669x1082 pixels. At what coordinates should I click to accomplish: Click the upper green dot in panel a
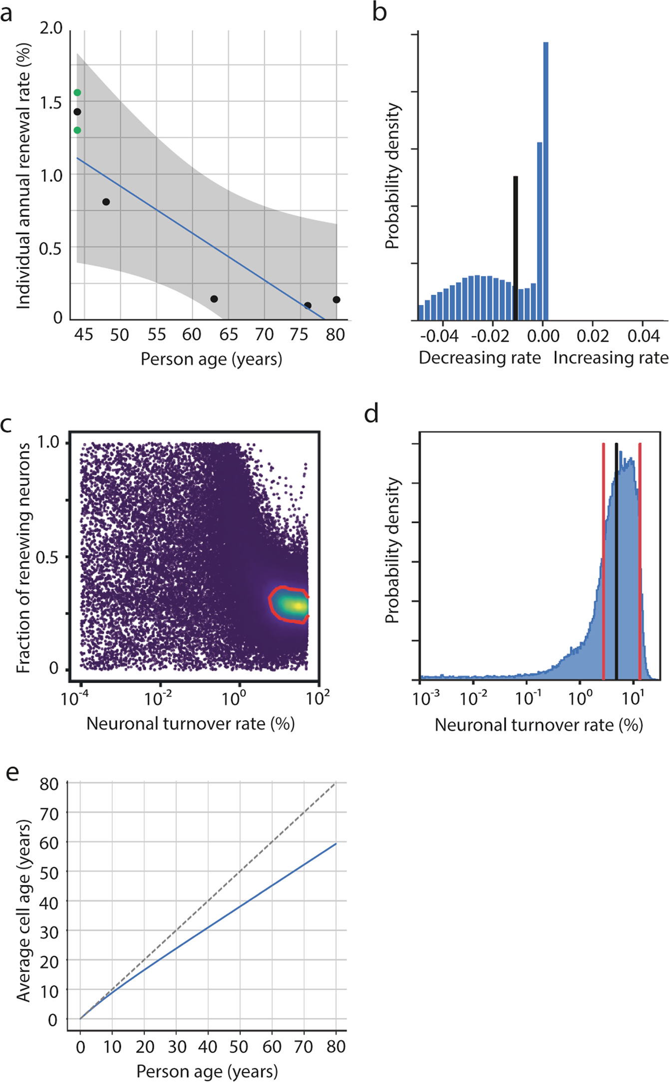pyautogui.click(x=77, y=93)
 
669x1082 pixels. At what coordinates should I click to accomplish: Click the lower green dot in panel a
pyautogui.click(x=77, y=130)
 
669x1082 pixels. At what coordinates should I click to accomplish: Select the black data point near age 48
pyautogui.click(x=106, y=202)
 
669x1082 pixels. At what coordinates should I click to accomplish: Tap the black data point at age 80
pyautogui.click(x=336, y=300)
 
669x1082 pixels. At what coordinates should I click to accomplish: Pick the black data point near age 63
pyautogui.click(x=214, y=299)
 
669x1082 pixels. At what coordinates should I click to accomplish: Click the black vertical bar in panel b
pyautogui.click(x=516, y=249)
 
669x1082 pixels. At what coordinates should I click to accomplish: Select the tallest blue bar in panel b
pyautogui.click(x=546, y=180)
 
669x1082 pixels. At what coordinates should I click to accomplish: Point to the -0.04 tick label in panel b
pyautogui.click(x=439, y=336)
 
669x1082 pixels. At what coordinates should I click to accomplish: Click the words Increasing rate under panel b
pyautogui.click(x=611, y=358)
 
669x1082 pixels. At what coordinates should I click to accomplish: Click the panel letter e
pyautogui.click(x=12, y=773)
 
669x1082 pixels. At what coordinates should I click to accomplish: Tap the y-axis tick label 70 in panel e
pyautogui.click(x=49, y=814)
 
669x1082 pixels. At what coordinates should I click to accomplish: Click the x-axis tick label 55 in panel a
pyautogui.click(x=156, y=335)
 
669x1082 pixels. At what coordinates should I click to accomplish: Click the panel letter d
pyautogui.click(x=371, y=414)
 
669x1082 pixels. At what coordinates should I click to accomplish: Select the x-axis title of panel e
pyautogui.click(x=207, y=1071)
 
